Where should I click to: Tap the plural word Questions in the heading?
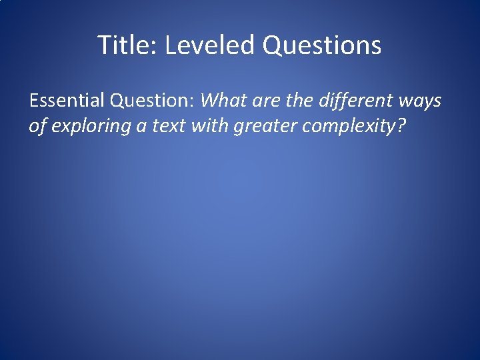(x=322, y=45)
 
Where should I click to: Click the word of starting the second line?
(x=36, y=126)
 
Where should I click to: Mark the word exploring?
(x=90, y=126)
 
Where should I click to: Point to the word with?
(x=211, y=126)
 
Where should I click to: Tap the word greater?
(x=267, y=126)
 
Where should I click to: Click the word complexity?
(x=351, y=126)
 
